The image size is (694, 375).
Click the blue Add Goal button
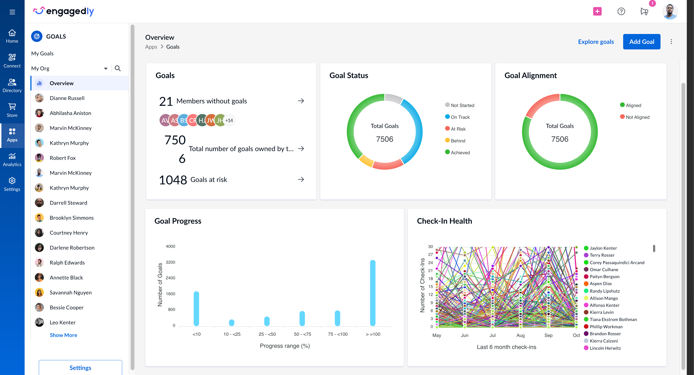641,42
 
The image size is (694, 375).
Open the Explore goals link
596,42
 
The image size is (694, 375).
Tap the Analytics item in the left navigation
12,160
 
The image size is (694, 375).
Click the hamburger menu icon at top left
12,12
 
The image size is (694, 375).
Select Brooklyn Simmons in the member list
71,218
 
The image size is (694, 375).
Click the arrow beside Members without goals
301,101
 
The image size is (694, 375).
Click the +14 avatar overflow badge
229,121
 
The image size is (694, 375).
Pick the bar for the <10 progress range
196,308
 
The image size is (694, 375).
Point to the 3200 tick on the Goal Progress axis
170,262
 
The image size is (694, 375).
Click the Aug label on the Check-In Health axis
520,335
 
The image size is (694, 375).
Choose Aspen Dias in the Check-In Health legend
600,284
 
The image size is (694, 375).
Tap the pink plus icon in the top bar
597,11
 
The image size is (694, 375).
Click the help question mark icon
621,11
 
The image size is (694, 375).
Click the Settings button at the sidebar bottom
80,368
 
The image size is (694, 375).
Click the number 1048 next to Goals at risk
173,180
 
